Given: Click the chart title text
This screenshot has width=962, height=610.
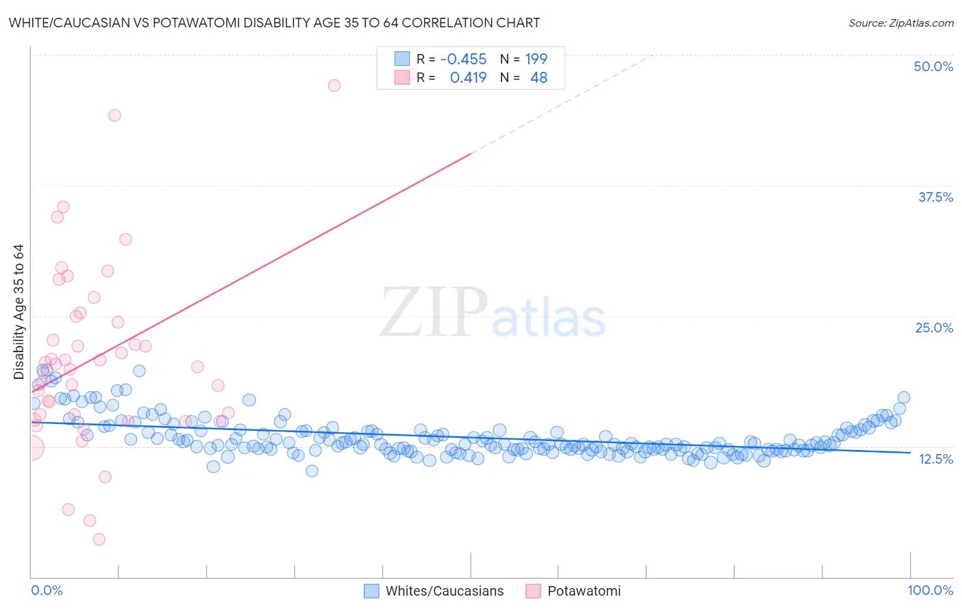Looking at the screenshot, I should point(274,23).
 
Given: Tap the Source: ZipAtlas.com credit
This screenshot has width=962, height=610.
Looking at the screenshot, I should point(900,23).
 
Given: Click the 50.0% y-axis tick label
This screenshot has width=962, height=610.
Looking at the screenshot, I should point(933,66).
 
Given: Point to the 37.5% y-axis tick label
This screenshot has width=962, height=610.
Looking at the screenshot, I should point(935,197).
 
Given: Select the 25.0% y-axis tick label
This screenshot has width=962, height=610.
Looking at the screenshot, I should point(934,328).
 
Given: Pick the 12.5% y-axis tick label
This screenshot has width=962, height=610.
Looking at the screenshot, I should point(935,459).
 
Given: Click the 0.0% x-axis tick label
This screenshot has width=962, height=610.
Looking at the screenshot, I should point(47,590).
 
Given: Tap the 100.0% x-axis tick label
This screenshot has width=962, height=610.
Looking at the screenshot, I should point(930,590).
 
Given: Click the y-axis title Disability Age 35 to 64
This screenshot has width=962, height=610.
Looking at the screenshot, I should point(18,312).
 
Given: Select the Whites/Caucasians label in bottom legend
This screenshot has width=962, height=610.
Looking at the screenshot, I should point(444,591).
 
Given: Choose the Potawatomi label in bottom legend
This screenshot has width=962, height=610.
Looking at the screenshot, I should point(584,591).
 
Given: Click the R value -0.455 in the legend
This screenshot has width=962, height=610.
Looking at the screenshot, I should point(463,59).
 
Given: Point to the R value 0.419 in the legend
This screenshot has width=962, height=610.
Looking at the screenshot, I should point(468,78).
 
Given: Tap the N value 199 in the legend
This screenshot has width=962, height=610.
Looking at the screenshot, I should point(536,59).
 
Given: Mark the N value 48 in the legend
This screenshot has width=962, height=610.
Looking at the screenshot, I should point(538,78).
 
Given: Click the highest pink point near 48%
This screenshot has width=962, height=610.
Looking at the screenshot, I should point(334,85).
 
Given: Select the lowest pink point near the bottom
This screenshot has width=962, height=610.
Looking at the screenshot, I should point(99,540).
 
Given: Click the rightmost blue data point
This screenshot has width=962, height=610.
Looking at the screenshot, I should point(903,397).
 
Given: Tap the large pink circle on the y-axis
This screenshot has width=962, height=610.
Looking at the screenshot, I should point(31,448).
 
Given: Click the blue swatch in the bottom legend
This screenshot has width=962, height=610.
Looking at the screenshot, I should point(371,591).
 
